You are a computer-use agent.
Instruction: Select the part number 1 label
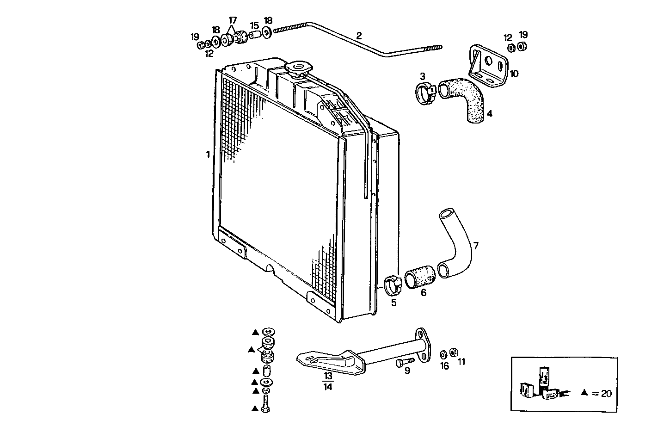pyautogui.click(x=208, y=154)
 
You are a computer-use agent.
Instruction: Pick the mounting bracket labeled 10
pyautogui.click(x=488, y=67)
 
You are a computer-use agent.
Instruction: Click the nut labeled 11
pyautogui.click(x=454, y=353)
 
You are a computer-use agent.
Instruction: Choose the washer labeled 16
pyautogui.click(x=443, y=354)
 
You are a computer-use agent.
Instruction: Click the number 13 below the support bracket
pyautogui.click(x=328, y=376)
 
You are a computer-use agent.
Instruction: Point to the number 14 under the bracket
pyautogui.click(x=328, y=387)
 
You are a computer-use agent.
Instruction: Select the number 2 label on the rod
pyautogui.click(x=359, y=35)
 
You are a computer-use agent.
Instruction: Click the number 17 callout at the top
pyautogui.click(x=232, y=20)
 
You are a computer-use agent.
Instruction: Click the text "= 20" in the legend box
pyautogui.click(x=602, y=394)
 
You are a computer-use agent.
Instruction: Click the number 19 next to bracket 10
pyautogui.click(x=523, y=35)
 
